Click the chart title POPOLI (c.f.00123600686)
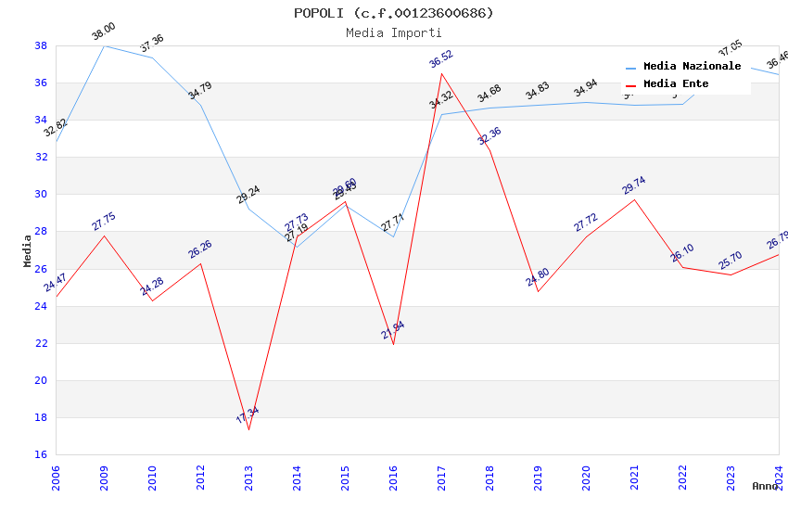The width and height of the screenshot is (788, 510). pos(394,13)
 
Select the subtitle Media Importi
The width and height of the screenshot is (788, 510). pos(394,32)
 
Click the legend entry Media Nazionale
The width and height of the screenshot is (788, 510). pos(692,67)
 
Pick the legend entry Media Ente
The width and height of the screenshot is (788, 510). pos(676,84)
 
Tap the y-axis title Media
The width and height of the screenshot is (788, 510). pos(27,250)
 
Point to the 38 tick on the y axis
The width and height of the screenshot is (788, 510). pos(41,45)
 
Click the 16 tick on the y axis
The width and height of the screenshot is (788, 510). pos(41,454)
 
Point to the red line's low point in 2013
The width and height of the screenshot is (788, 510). pos(248,429)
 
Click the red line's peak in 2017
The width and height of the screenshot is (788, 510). pos(441,73)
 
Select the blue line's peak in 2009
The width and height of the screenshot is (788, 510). pos(104,45)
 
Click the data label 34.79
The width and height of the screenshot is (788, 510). pos(200,90)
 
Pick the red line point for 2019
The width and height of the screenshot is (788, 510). pos(538,291)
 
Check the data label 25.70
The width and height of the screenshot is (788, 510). pos(731,260)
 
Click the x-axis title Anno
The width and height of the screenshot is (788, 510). pos(765,486)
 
